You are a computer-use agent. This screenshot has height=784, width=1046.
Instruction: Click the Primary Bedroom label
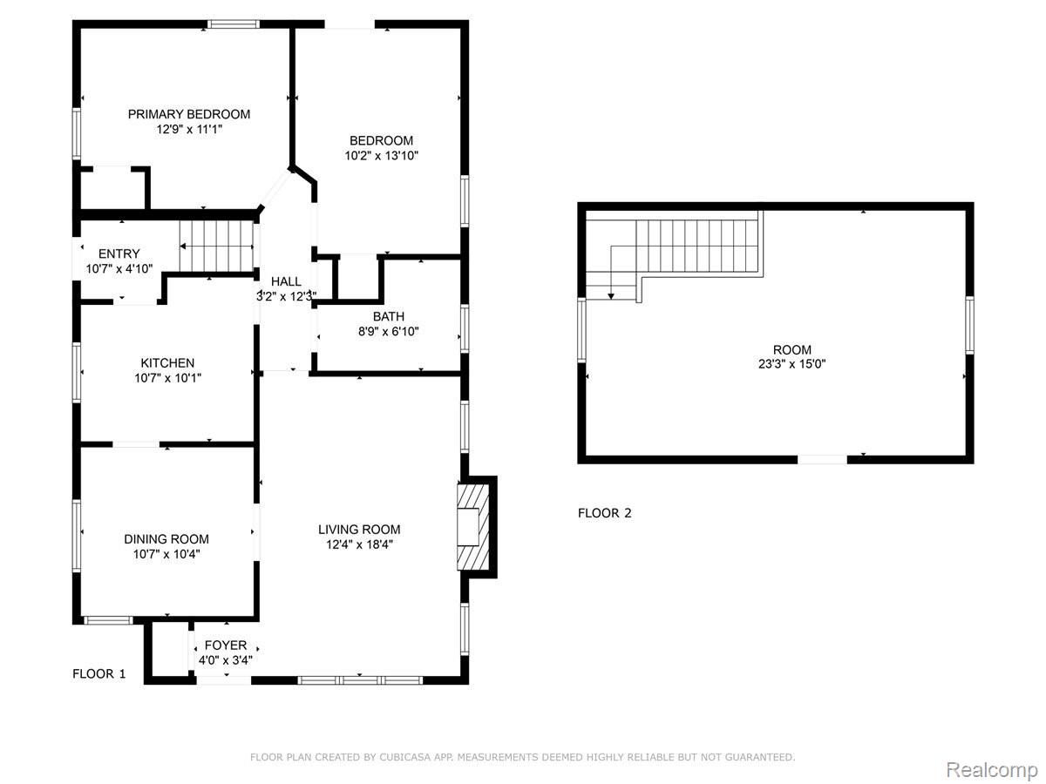(x=188, y=114)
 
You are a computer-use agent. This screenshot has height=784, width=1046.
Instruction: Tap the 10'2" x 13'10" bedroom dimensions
(x=381, y=156)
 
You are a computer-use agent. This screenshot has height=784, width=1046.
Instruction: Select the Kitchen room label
(x=167, y=363)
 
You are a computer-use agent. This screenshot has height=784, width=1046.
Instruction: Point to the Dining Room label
(x=166, y=539)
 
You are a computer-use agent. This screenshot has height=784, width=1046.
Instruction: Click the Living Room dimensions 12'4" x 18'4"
(x=359, y=544)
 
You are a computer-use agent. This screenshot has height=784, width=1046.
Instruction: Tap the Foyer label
(x=226, y=645)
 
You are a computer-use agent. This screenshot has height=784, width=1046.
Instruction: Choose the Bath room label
(x=389, y=316)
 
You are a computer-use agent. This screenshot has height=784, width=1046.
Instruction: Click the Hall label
(x=286, y=281)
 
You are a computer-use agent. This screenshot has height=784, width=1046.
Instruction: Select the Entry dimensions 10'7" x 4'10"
(x=119, y=269)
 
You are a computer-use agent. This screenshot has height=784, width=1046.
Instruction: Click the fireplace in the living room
(x=472, y=527)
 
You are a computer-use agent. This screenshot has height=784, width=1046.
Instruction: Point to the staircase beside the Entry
(x=216, y=247)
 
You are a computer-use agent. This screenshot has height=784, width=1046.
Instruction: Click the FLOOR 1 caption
(x=99, y=674)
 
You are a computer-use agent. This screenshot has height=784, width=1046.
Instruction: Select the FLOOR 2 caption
(x=604, y=513)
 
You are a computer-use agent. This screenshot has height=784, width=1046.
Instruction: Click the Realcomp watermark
(x=992, y=756)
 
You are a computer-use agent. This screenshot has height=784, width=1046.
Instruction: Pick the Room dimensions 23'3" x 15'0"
(x=791, y=364)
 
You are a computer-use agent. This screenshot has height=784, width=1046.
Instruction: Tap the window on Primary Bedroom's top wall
(x=234, y=24)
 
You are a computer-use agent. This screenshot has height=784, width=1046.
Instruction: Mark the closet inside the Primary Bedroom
(x=112, y=188)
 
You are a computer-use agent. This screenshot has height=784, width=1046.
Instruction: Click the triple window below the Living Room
(x=360, y=680)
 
